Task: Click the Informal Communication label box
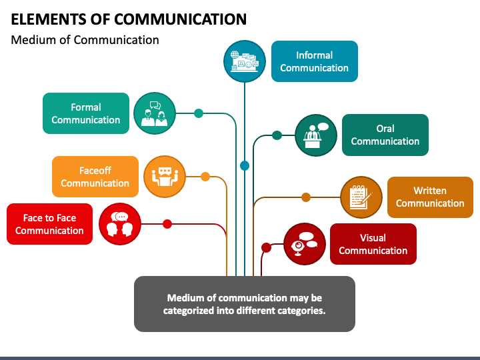315,61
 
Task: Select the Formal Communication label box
86,113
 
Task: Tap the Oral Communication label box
385,135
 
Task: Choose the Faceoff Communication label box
95,177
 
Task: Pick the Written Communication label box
430,197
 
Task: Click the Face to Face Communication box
49,224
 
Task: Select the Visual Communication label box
373,244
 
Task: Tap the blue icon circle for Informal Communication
244,61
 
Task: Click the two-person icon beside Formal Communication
155,113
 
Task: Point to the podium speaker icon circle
316,135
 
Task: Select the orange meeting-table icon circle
165,177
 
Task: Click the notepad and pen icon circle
361,197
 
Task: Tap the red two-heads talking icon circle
120,224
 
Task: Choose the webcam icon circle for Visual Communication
305,244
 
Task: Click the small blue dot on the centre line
245,165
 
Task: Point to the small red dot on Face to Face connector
167,224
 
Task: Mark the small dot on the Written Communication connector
306,197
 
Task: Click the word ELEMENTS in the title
49,19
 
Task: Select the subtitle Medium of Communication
85,40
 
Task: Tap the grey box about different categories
245,304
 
